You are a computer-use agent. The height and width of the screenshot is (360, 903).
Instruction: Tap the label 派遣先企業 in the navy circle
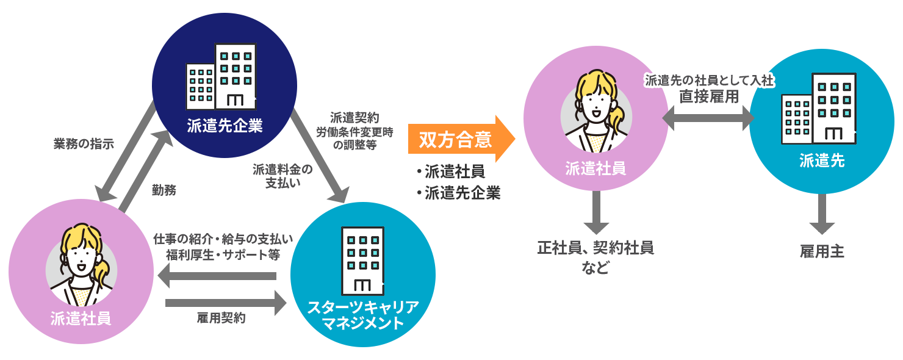point(225,126)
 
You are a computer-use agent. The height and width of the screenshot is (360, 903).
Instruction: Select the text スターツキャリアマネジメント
point(363,315)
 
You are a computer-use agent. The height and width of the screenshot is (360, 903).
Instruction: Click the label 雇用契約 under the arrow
point(221,318)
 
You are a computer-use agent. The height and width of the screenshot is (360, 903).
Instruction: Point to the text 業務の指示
point(84,144)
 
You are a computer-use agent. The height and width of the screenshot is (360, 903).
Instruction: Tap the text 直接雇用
point(709,96)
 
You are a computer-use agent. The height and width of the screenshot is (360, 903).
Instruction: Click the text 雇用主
point(822,251)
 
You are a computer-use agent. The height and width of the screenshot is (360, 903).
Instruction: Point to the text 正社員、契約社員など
point(595,257)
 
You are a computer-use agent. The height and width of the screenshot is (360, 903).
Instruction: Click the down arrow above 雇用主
point(822,214)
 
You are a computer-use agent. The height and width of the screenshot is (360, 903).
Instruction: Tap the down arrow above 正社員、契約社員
point(596,214)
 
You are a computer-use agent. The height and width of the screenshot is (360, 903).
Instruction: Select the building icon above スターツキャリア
point(362,261)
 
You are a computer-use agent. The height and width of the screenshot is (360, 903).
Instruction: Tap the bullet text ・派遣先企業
point(458,193)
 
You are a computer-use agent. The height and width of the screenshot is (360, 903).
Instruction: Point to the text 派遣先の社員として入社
point(709,81)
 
